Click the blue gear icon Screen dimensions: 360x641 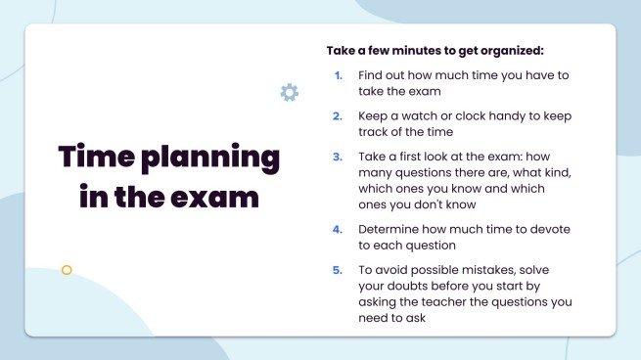coord(289,93)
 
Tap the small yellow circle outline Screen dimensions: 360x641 coord(67,270)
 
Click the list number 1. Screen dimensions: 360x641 coord(338,74)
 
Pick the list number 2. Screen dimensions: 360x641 coord(338,115)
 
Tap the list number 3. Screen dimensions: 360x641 coord(338,156)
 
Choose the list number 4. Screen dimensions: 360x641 coord(338,229)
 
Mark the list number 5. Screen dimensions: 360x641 coord(338,269)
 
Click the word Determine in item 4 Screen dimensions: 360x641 coord(392,229)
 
